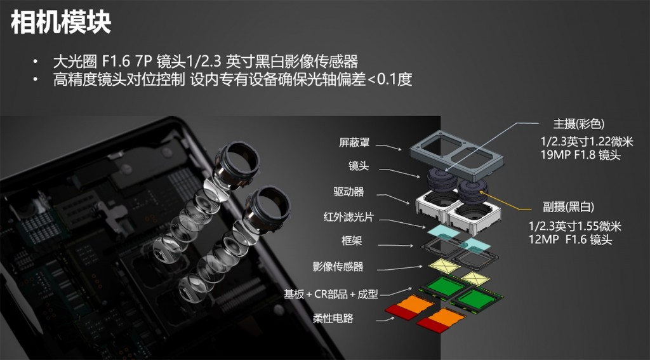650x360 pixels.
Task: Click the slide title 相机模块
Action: coord(62,23)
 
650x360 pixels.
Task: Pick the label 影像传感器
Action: coord(338,267)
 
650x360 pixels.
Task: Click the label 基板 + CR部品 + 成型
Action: coord(331,294)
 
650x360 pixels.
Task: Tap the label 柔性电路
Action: coord(333,318)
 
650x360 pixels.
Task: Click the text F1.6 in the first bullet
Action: coord(116,62)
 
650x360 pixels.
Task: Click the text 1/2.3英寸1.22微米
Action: coord(585,142)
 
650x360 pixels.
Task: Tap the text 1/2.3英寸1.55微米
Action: coord(575,226)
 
